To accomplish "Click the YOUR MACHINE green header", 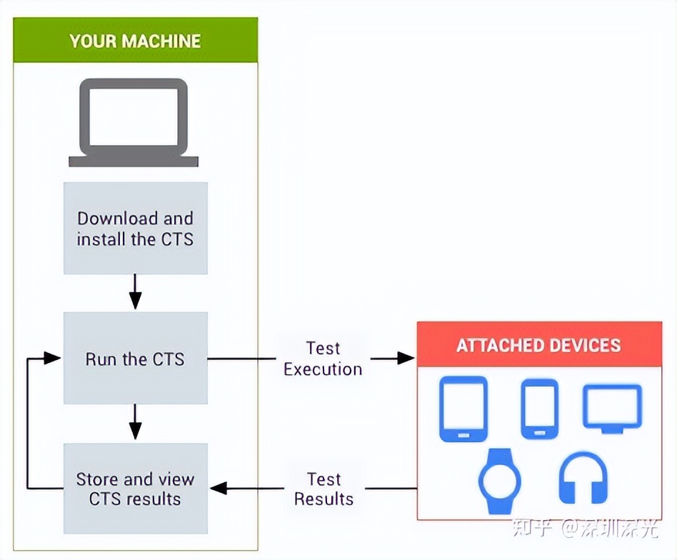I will [x=135, y=40].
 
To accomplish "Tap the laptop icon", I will [x=134, y=123].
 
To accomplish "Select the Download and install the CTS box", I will [x=135, y=229].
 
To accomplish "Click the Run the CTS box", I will [x=135, y=359].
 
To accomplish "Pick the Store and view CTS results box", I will [x=135, y=489].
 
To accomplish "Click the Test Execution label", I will [x=323, y=359].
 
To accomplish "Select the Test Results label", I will [x=324, y=489].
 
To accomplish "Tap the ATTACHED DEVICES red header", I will [x=538, y=346].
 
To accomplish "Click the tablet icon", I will [x=463, y=409].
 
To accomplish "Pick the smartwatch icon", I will [x=499, y=481].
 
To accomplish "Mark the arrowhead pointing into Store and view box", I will [x=218, y=489].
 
